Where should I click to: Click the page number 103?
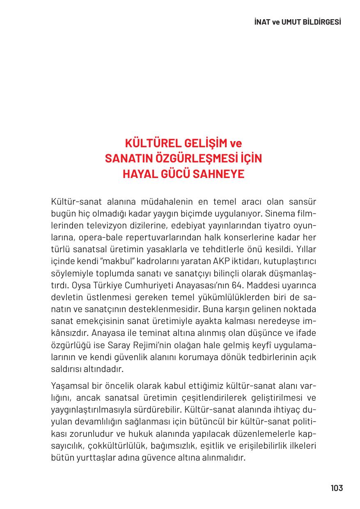tap(337, 488)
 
